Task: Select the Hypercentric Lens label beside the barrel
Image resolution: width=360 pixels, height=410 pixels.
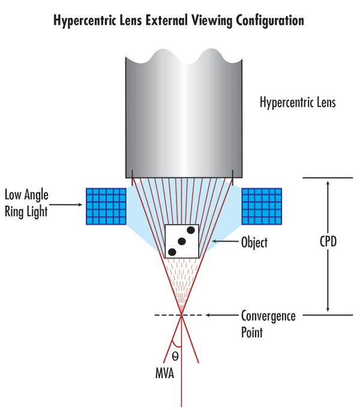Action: pyautogui.click(x=297, y=103)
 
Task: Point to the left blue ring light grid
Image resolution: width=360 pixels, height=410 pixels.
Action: pyautogui.click(x=106, y=206)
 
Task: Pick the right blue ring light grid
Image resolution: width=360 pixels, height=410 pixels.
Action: pyautogui.click(x=261, y=206)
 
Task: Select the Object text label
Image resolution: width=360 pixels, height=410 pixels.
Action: pyautogui.click(x=254, y=243)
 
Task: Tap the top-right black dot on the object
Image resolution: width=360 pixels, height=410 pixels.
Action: pyautogui.click(x=191, y=230)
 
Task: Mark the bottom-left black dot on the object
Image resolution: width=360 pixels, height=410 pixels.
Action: pyautogui.click(x=172, y=252)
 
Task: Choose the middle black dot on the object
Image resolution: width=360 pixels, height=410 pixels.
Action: pyautogui.click(x=182, y=241)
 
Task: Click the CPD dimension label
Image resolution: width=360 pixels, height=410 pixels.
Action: pyautogui.click(x=328, y=243)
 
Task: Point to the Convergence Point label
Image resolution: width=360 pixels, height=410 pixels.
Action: pyautogui.click(x=268, y=322)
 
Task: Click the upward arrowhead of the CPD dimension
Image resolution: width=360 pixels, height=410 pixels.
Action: pyautogui.click(x=328, y=183)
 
